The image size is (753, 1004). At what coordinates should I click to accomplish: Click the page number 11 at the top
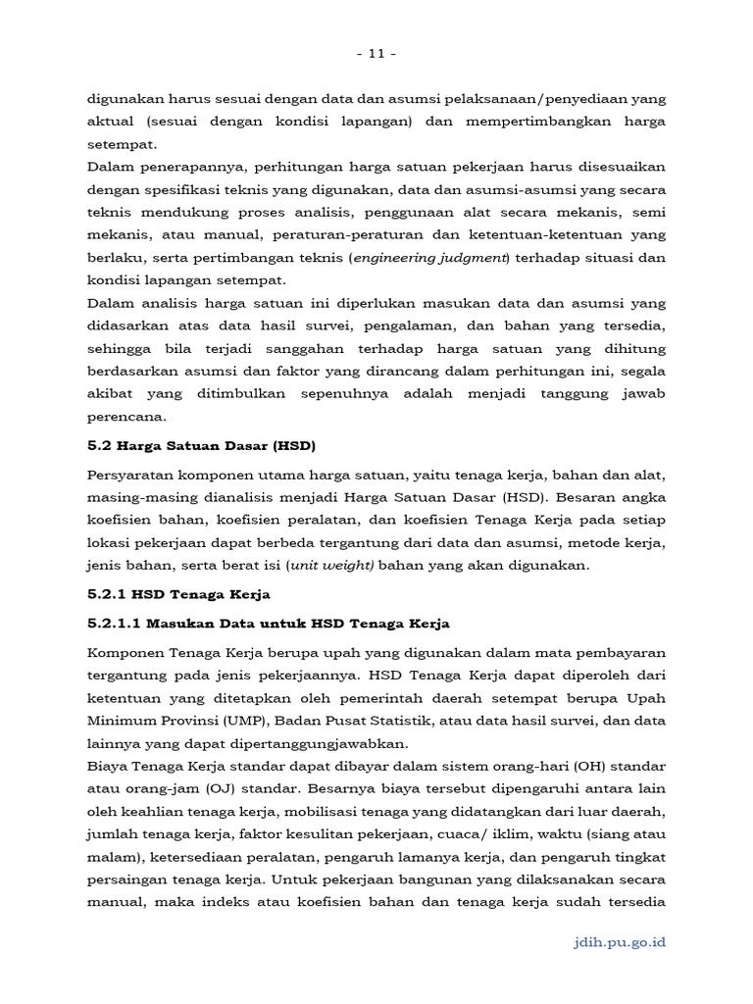coord(376,54)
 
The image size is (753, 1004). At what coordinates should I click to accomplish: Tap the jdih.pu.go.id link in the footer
coord(619,942)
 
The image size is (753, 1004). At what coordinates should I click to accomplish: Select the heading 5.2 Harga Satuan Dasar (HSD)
coord(202,444)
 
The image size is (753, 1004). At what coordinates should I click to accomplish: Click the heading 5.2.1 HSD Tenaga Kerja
coord(178,594)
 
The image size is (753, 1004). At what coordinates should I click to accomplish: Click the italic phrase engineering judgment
coord(430,258)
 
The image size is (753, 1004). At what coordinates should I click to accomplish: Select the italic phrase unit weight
coord(331,565)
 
